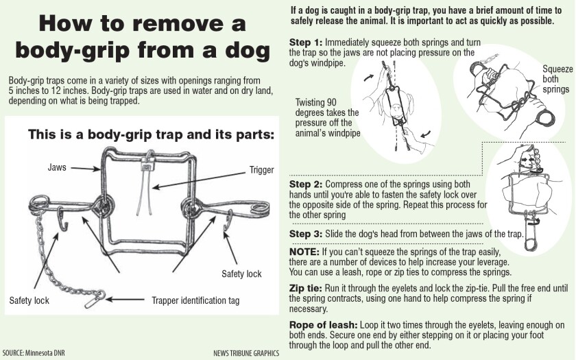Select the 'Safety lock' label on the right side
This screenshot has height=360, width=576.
click(241, 274)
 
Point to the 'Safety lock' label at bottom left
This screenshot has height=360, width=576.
click(29, 300)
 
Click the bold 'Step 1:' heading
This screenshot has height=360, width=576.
click(306, 43)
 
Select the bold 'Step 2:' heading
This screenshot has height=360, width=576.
click(306, 184)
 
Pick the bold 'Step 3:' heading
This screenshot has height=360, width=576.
click(306, 234)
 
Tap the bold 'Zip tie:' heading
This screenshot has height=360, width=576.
click(308, 289)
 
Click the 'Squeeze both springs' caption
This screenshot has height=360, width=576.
click(555, 79)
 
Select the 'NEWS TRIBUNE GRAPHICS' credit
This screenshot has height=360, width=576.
click(246, 352)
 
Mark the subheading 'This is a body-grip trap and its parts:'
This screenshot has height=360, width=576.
click(150, 134)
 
